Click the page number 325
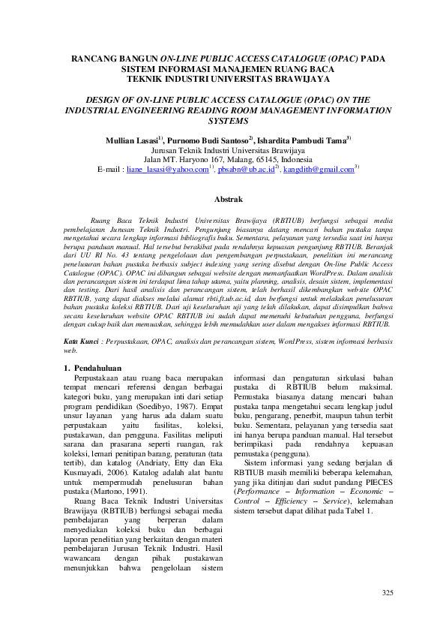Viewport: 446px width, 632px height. click(x=388, y=594)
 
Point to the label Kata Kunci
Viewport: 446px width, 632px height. click(x=81, y=342)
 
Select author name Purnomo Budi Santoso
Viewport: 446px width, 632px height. click(x=209, y=140)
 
